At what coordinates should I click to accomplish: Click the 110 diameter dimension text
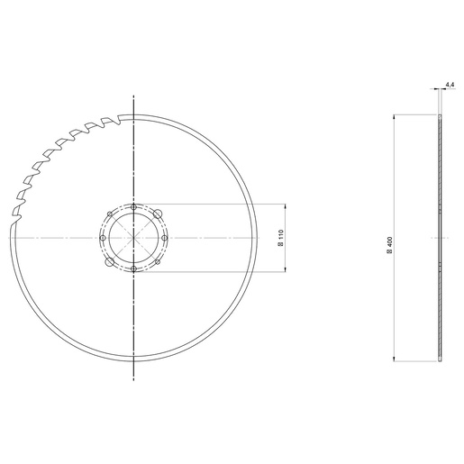coord(280,238)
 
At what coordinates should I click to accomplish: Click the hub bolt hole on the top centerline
coord(133,207)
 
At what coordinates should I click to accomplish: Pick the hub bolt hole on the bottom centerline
coord(133,269)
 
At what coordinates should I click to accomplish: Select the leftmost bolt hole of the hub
coord(103,239)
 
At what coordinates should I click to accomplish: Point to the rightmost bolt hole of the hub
coord(164,239)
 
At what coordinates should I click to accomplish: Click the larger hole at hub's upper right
coord(156,215)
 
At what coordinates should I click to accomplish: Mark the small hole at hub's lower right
coord(155,260)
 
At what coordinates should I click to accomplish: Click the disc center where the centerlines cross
coord(133,239)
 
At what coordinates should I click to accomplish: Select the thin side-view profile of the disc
coord(441,239)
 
